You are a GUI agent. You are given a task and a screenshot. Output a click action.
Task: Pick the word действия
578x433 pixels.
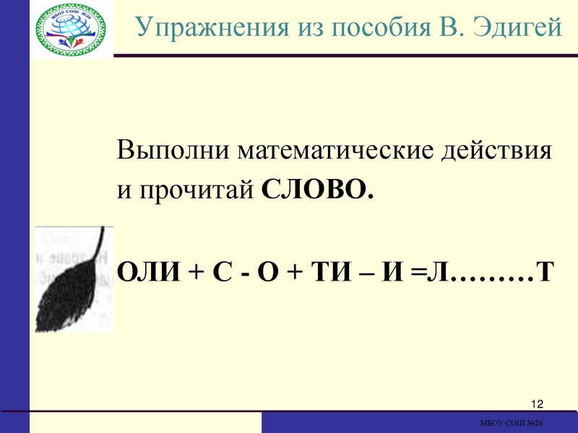[499, 153]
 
